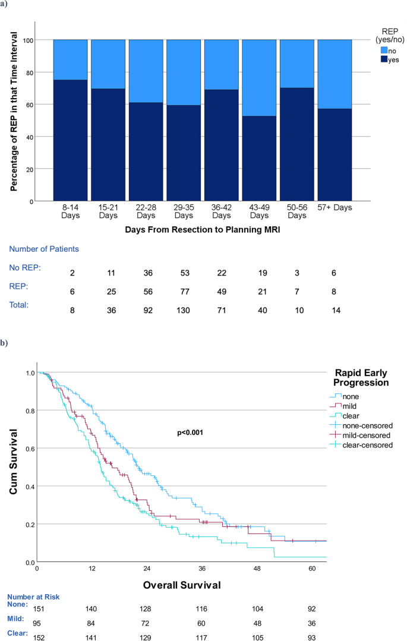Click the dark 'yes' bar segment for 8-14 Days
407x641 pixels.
click(x=71, y=140)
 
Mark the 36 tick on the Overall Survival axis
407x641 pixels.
click(x=202, y=569)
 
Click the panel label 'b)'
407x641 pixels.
click(x=5, y=343)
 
